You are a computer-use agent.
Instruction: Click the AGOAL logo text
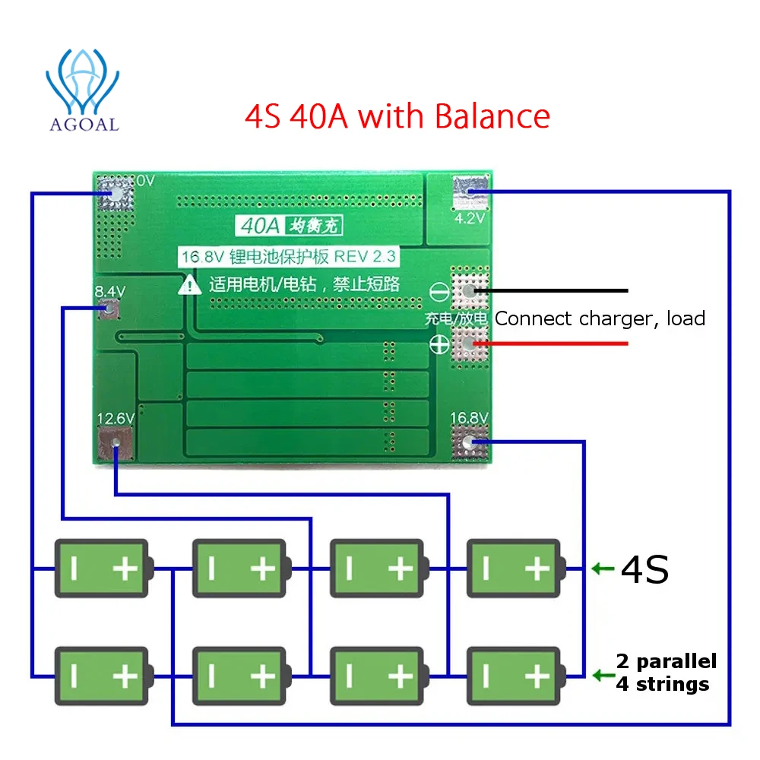tap(84, 125)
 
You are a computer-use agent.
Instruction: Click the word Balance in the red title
tap(492, 116)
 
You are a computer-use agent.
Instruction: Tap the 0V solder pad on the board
tap(116, 193)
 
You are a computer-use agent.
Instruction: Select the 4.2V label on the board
tap(469, 219)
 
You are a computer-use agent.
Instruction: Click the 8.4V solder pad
tap(109, 309)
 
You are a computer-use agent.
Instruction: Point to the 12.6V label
tap(116, 418)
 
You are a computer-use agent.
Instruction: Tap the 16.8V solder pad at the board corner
tap(469, 442)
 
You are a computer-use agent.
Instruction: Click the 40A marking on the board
tap(260, 226)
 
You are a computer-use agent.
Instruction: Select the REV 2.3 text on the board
tap(365, 256)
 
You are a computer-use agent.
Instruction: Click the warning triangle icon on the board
tap(189, 285)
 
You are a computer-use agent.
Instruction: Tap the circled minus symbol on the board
tap(439, 292)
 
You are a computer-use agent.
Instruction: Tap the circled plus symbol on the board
tap(439, 344)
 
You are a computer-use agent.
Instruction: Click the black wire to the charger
tap(550, 291)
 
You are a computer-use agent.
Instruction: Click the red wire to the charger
tap(550, 344)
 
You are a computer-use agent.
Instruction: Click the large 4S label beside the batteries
tap(644, 569)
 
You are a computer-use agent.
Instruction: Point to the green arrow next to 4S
tap(603, 568)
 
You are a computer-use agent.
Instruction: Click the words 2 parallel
tap(666, 661)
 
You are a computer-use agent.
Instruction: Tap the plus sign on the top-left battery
tap(125, 568)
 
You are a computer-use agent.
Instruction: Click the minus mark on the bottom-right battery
tap(486, 676)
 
